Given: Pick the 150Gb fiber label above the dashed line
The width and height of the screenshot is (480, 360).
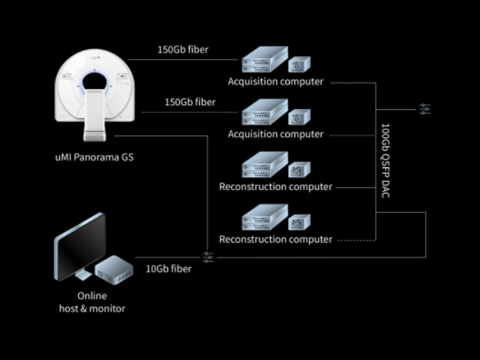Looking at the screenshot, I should point(190,102).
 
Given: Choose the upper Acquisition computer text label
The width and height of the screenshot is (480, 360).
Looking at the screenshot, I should point(275,82).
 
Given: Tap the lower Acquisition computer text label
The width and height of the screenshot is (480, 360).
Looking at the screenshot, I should point(275,134).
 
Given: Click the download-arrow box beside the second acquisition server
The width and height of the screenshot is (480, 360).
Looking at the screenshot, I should point(299,116).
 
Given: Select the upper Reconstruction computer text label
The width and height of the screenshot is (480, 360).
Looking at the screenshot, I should point(275,187).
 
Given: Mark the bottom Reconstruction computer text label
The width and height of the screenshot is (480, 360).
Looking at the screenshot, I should point(275,239).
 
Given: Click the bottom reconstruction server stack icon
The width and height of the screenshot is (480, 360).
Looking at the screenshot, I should point(262,219).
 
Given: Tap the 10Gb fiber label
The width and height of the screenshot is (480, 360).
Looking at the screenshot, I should point(169,269).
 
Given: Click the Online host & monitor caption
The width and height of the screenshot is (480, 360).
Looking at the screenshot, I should point(92,302).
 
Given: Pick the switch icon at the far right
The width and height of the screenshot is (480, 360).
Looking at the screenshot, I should point(425,109).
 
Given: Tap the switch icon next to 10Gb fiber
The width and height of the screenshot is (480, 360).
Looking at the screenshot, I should point(208,257).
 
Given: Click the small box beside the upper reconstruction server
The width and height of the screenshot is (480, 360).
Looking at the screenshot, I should point(299,170).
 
